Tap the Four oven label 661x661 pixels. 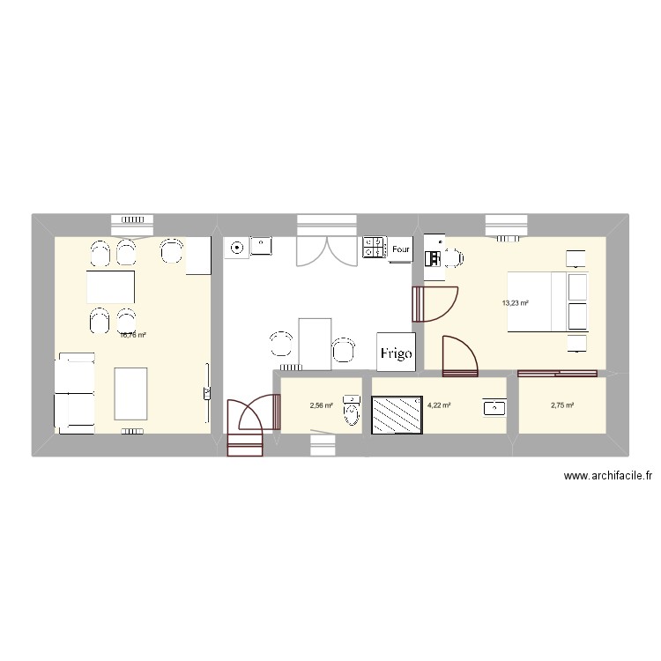(x=401, y=249)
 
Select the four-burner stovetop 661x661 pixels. (x=375, y=248)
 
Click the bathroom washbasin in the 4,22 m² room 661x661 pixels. (x=494, y=407)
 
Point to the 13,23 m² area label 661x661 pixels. (x=515, y=303)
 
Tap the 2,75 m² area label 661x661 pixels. (x=562, y=405)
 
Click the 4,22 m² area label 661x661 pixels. (x=439, y=405)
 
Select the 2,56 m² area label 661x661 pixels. (x=321, y=405)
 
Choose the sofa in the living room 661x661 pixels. (x=74, y=393)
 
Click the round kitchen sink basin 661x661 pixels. (x=237, y=249)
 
